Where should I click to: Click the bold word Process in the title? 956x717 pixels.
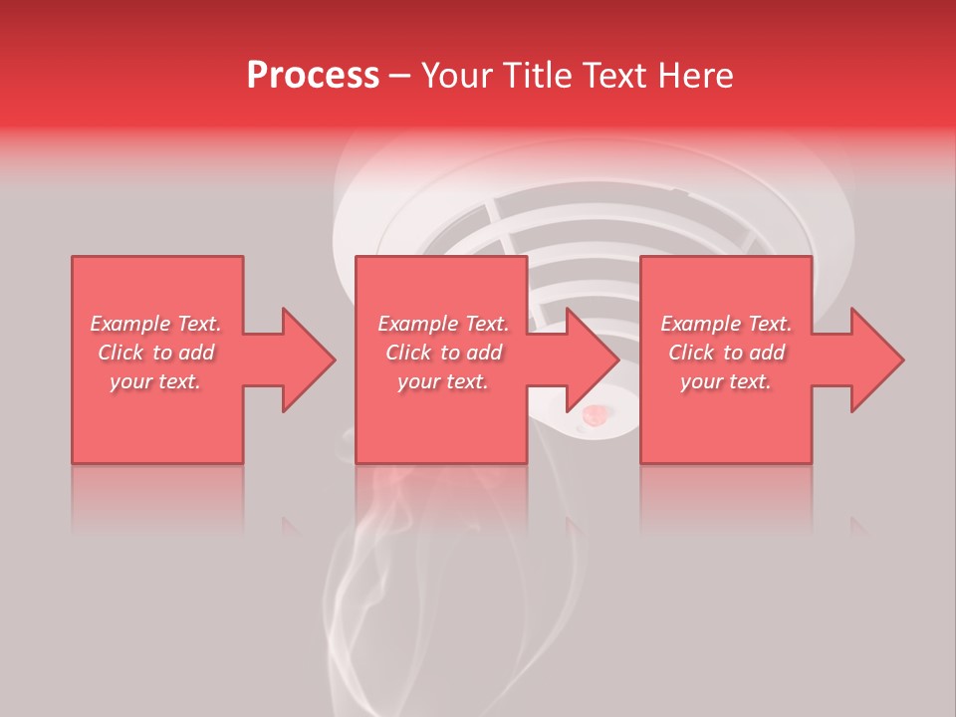[x=313, y=76]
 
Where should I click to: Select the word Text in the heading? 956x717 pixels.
[x=616, y=76]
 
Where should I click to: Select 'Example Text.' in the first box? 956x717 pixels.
[x=155, y=324]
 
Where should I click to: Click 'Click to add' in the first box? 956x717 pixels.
[x=155, y=353]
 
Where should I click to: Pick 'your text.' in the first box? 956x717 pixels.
[x=155, y=381]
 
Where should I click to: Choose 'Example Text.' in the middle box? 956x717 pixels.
[x=443, y=324]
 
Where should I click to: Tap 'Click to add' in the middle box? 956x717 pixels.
[x=443, y=353]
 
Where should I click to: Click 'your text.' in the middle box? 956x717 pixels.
[x=443, y=381]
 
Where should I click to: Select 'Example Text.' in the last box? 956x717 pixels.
[x=726, y=324]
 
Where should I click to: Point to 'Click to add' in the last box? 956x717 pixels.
[x=726, y=353]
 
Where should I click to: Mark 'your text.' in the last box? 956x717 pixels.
[x=726, y=381]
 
